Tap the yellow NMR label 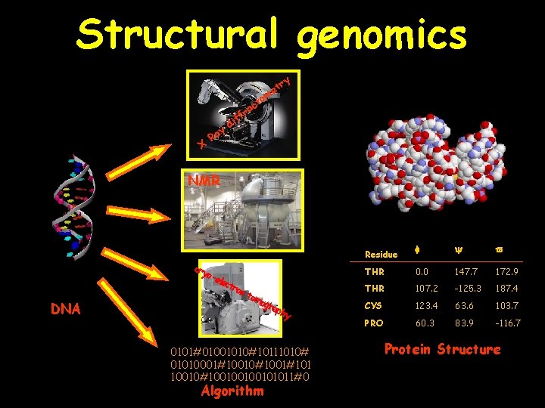[205, 181]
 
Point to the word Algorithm [233, 391]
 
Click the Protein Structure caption [443, 350]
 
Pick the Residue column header [381, 255]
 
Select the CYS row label [373, 305]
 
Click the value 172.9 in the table [506, 272]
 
